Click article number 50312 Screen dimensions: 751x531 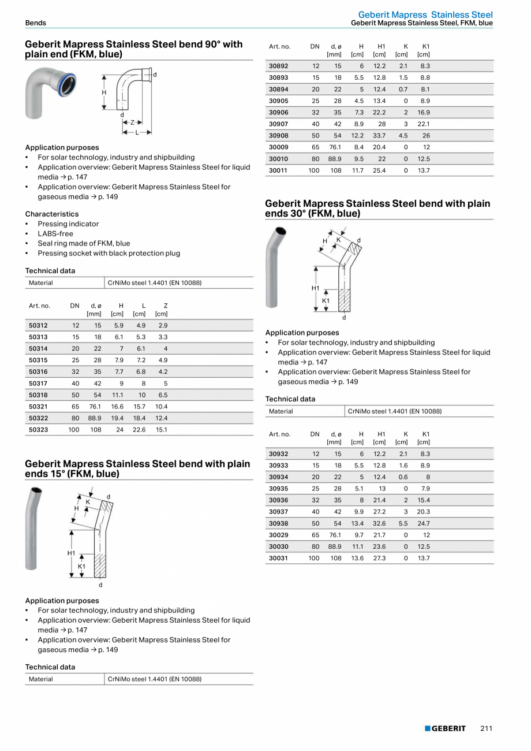coord(38,325)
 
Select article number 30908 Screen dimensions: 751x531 coord(278,136)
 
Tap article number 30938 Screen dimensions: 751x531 coord(278,523)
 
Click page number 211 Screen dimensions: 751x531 coord(486,728)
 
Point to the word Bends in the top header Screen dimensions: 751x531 coord(35,23)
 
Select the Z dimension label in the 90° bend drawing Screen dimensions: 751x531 coord(132,122)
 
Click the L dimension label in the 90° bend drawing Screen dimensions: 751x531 coord(137,132)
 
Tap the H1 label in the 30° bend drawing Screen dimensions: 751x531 coord(315,288)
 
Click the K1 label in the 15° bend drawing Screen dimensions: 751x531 coord(81,567)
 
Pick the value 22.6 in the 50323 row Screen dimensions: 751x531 coord(139,430)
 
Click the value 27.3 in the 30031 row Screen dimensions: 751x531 coord(379,558)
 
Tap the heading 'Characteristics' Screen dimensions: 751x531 coord(52,214)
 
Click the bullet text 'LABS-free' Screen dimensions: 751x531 coord(55,233)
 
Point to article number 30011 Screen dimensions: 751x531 coord(278,170)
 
